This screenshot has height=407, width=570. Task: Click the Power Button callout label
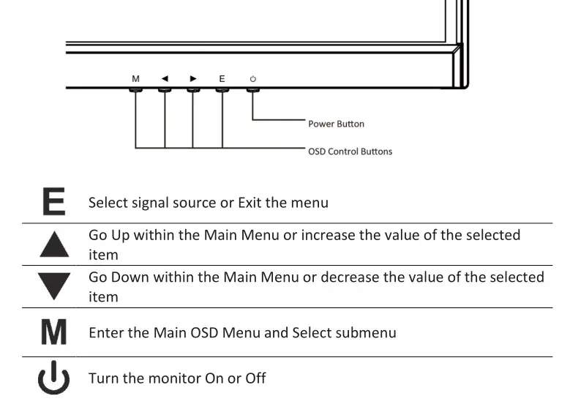pyautogui.click(x=336, y=124)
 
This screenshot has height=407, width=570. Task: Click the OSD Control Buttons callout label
pyautogui.click(x=350, y=152)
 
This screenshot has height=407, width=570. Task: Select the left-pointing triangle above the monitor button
pyautogui.click(x=165, y=78)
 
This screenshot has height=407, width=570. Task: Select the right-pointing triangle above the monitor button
pyautogui.click(x=192, y=78)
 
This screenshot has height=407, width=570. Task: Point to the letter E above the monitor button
pyautogui.click(x=222, y=78)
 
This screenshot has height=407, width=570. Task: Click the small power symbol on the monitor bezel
pyautogui.click(x=253, y=78)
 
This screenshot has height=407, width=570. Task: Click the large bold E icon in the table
pyautogui.click(x=53, y=201)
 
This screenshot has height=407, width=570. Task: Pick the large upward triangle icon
pyautogui.click(x=53, y=244)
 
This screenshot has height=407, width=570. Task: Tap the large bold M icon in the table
pyautogui.click(x=53, y=332)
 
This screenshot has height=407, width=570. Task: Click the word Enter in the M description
pyautogui.click(x=106, y=332)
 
